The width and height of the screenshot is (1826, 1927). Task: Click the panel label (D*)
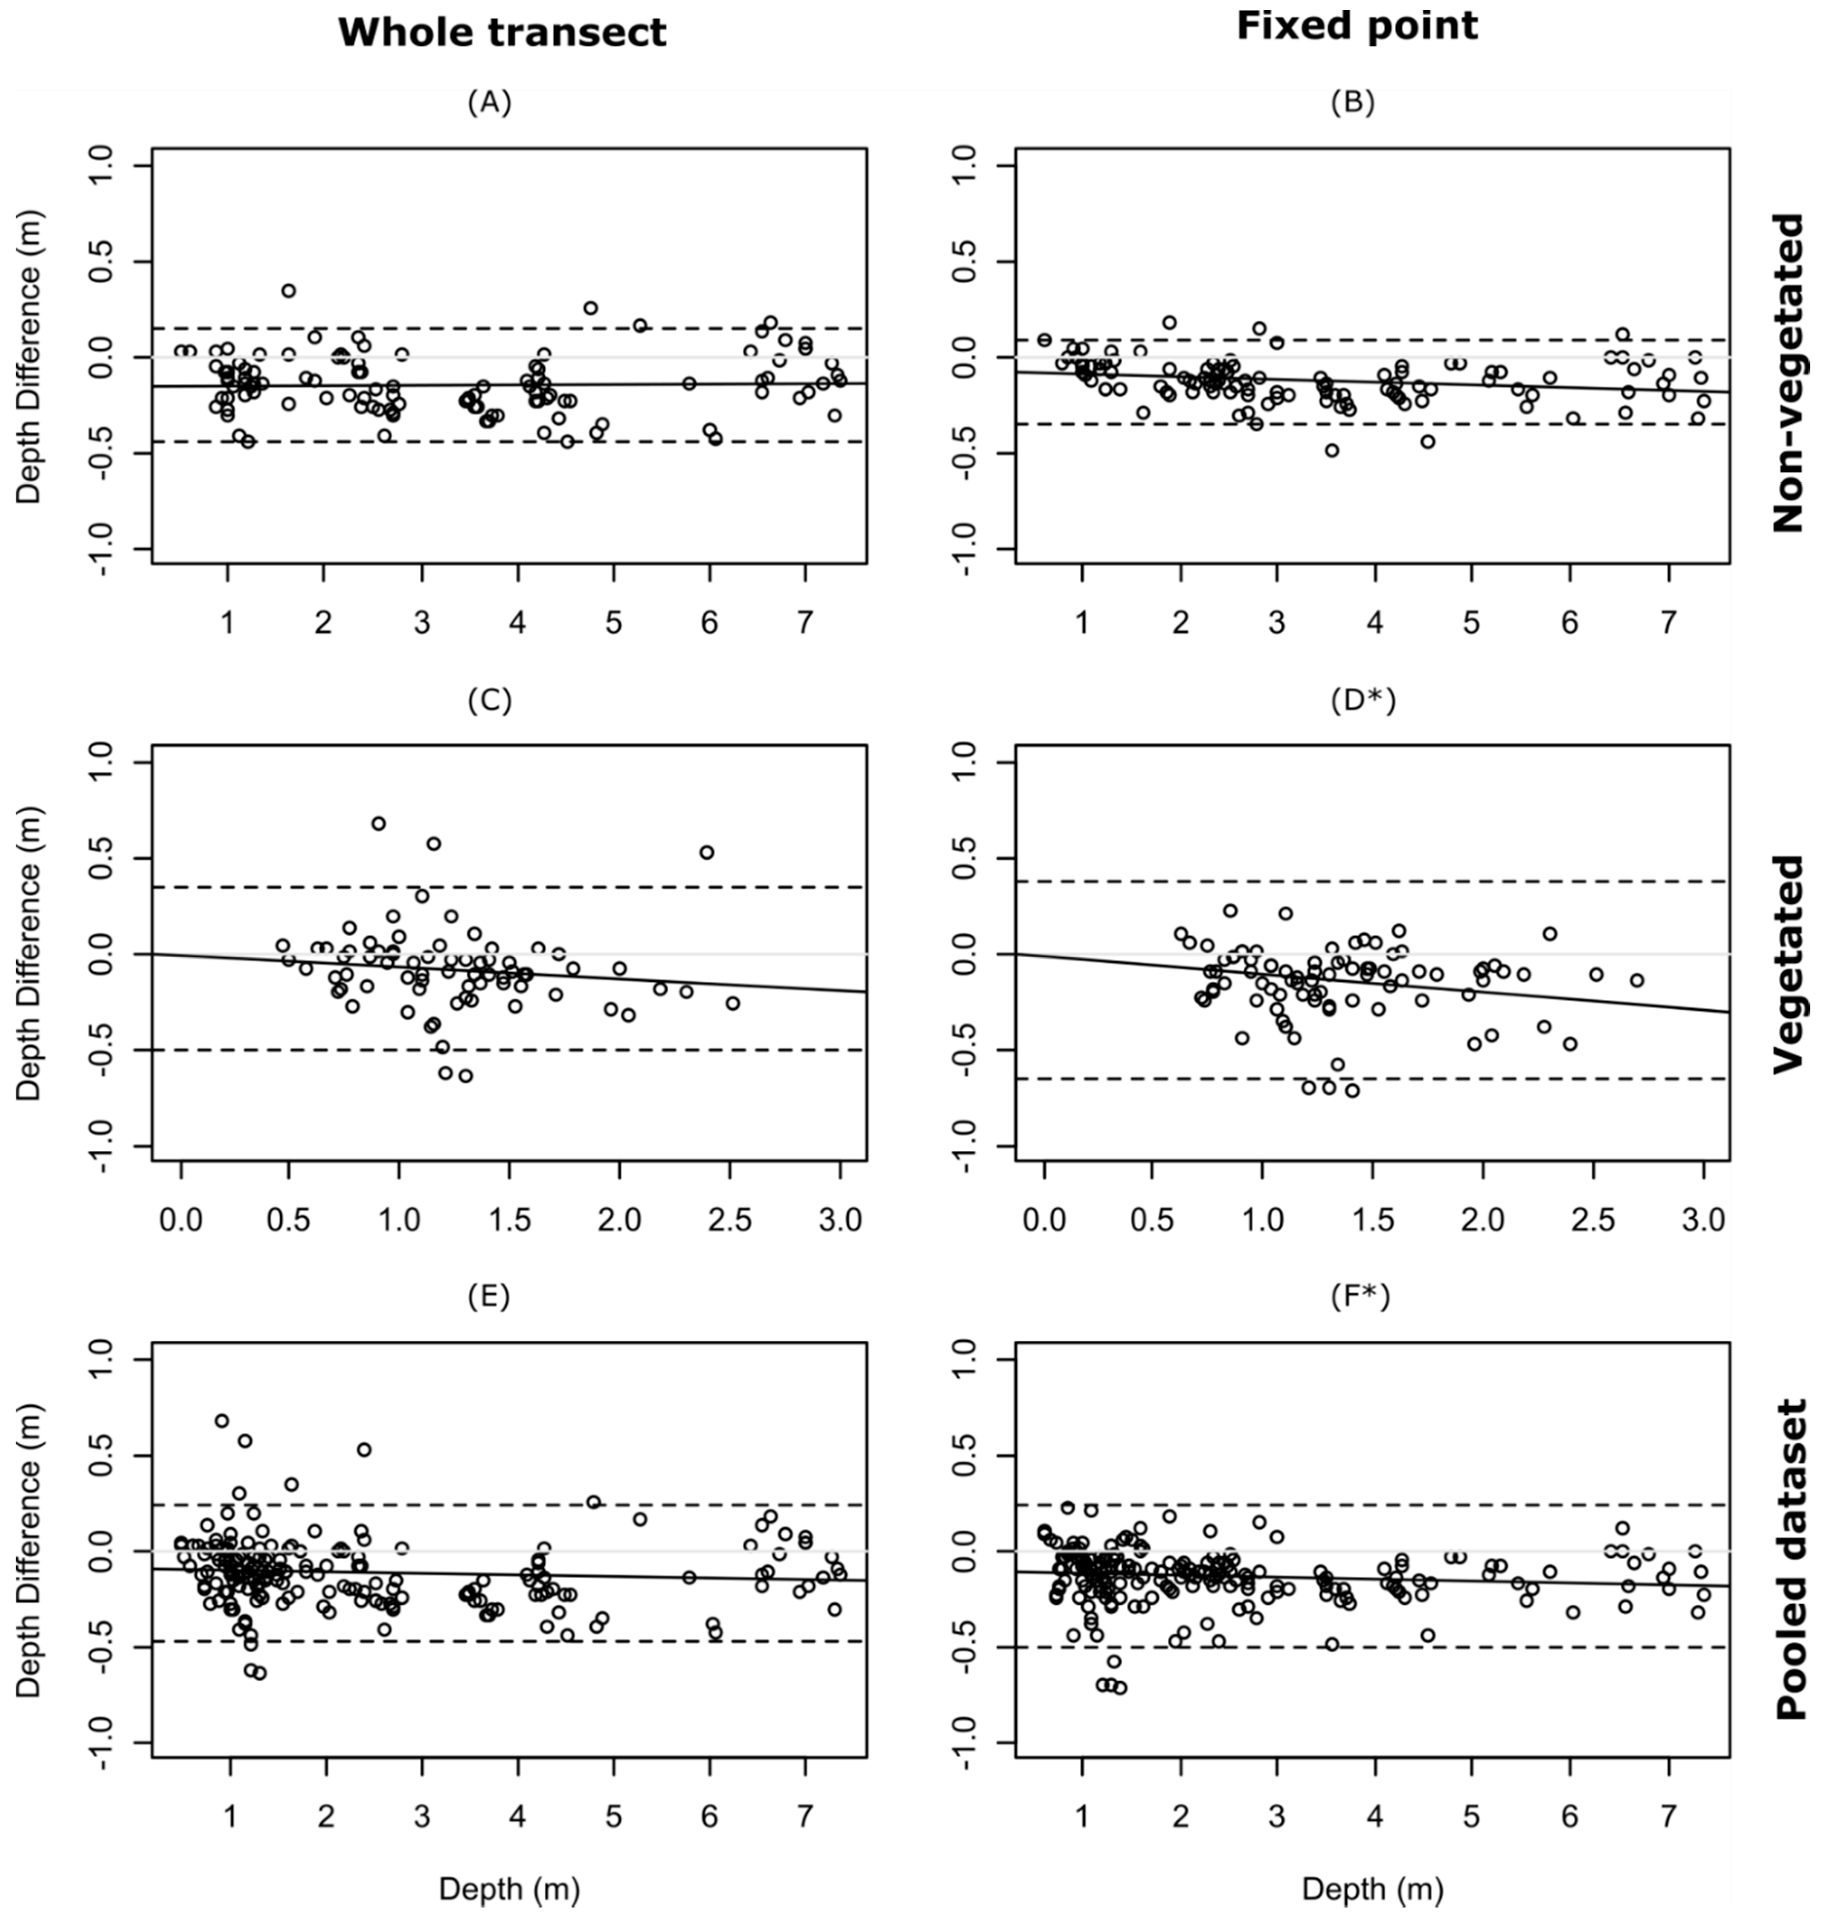click(x=1363, y=701)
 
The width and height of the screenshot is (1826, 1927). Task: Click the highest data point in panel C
click(x=379, y=823)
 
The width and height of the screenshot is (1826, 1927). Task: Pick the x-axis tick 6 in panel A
click(x=708, y=623)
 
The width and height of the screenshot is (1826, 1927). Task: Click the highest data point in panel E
click(x=222, y=1420)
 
